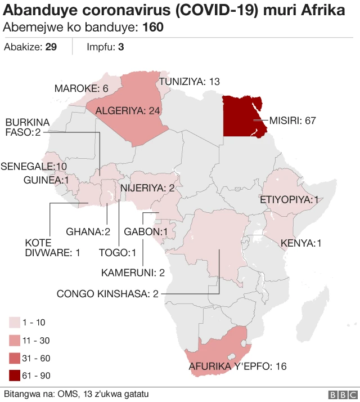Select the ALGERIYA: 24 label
click(x=128, y=110)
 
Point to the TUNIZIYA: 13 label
click(x=189, y=82)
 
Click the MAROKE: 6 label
click(x=81, y=88)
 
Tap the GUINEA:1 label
click(x=46, y=180)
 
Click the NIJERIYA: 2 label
click(x=147, y=188)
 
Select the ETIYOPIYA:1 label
click(x=289, y=200)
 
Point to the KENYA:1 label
click(x=301, y=243)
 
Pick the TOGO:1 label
click(x=118, y=252)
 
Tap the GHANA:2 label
click(x=87, y=231)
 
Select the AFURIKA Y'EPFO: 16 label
click(x=237, y=367)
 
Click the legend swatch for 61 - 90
click(x=15, y=375)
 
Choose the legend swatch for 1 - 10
click(x=15, y=323)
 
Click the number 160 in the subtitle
click(x=153, y=28)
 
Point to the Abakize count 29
click(x=51, y=47)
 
